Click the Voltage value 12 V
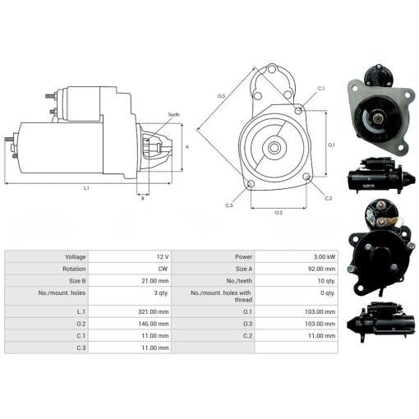coord(163,257)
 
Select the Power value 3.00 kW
coord(325,257)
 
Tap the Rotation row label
coord(74,269)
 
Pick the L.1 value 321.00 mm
coord(154,311)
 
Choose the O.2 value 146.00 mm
coord(154,324)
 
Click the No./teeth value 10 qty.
coord(326,281)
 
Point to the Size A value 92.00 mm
coord(321,269)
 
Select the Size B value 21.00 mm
coord(155,281)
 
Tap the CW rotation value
coord(163,269)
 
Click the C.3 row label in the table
coord(81,348)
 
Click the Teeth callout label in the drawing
coord(174,115)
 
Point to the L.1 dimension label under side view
coord(86,188)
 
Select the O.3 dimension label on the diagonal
coord(221,96)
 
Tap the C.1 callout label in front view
coord(321,89)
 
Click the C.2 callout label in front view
coord(328,198)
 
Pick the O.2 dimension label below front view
coord(279,213)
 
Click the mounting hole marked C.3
coord(251,184)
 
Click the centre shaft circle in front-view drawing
coord(274,148)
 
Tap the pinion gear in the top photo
coord(378,118)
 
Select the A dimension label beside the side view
coord(187,147)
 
